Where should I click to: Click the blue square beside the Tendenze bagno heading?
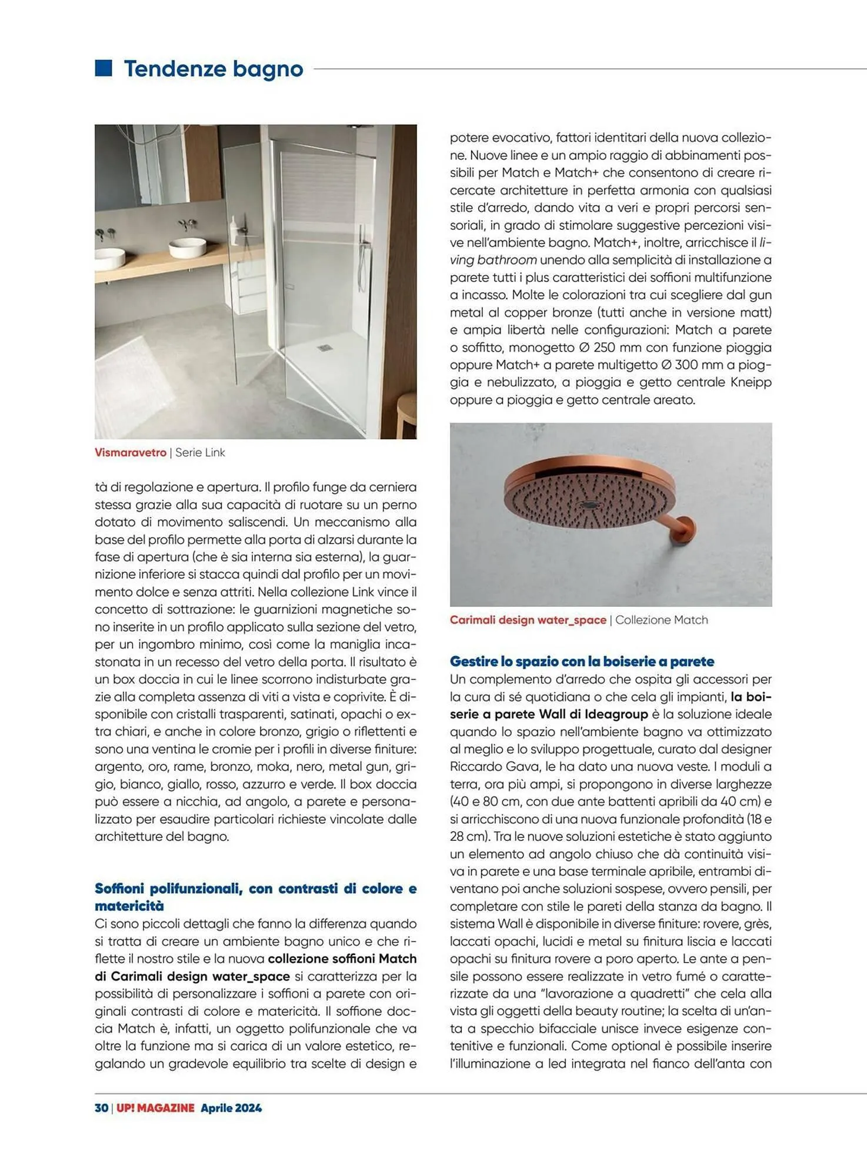pyautogui.click(x=104, y=68)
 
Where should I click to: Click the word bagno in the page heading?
pyautogui.click(x=268, y=69)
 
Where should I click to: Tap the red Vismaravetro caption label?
pyautogui.click(x=131, y=453)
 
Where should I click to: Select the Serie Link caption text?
pyautogui.click(x=200, y=453)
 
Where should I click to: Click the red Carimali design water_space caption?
pyautogui.click(x=528, y=620)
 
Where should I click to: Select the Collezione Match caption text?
pyautogui.click(x=661, y=620)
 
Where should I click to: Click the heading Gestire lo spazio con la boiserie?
pyautogui.click(x=582, y=661)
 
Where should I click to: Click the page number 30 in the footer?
pyautogui.click(x=101, y=1108)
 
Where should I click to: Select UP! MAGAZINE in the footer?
pyautogui.click(x=155, y=1108)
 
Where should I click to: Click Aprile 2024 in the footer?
pyautogui.click(x=231, y=1108)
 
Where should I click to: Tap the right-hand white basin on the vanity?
pyautogui.click(x=187, y=247)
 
